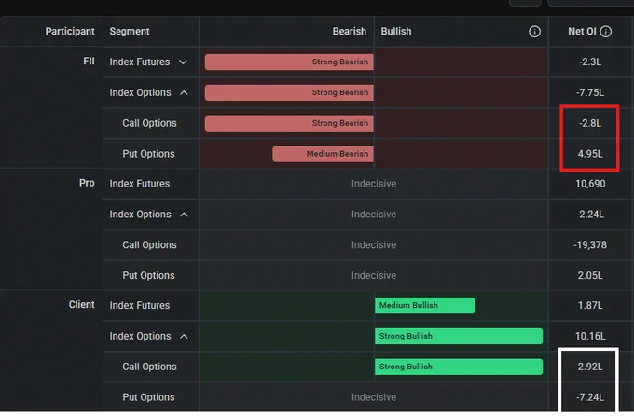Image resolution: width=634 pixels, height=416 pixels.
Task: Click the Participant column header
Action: tap(70, 31)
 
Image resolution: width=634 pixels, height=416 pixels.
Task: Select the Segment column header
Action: tap(130, 31)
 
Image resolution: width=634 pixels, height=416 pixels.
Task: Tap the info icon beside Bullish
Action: tap(534, 31)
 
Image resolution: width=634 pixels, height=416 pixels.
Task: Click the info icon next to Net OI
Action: tap(606, 31)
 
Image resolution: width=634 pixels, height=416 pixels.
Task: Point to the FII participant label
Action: tap(89, 62)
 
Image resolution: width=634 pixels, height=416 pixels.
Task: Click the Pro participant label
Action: tap(87, 183)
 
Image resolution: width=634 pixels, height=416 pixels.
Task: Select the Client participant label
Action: tap(82, 304)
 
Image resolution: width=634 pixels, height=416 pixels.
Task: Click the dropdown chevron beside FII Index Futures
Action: tap(183, 62)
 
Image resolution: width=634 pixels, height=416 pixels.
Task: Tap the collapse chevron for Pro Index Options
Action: tap(184, 215)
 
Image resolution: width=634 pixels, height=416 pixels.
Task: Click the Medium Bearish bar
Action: tap(324, 154)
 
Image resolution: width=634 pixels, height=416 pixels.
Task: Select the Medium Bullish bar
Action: tap(425, 305)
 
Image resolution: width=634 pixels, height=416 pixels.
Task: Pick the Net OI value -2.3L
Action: tap(590, 62)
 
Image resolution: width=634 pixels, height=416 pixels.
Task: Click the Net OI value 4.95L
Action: tap(590, 154)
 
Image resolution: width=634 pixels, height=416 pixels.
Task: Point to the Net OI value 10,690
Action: tap(590, 184)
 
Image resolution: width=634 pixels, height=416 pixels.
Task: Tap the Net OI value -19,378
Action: tap(590, 244)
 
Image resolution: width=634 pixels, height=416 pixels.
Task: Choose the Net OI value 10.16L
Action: tap(590, 336)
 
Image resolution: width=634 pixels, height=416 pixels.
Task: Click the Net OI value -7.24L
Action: tap(590, 397)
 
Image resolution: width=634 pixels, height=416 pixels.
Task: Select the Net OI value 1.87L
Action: tap(590, 305)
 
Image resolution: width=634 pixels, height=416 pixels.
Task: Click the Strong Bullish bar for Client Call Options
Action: tap(459, 367)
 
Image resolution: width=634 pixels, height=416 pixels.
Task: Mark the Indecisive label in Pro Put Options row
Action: tap(374, 275)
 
